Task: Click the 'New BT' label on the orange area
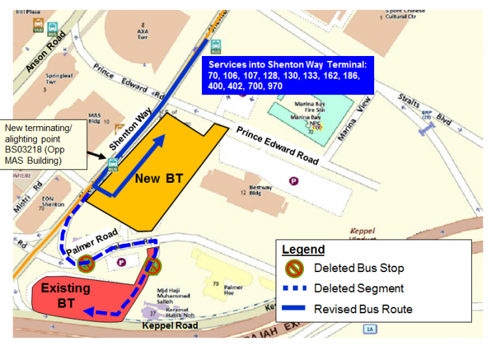(x=159, y=179)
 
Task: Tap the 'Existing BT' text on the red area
(x=65, y=296)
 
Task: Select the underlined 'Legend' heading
(x=303, y=250)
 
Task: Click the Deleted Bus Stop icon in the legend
(x=295, y=269)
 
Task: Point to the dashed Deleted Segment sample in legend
(x=294, y=288)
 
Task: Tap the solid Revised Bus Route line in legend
(x=294, y=309)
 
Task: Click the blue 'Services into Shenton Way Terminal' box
(x=286, y=74)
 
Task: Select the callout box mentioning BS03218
(x=44, y=145)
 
